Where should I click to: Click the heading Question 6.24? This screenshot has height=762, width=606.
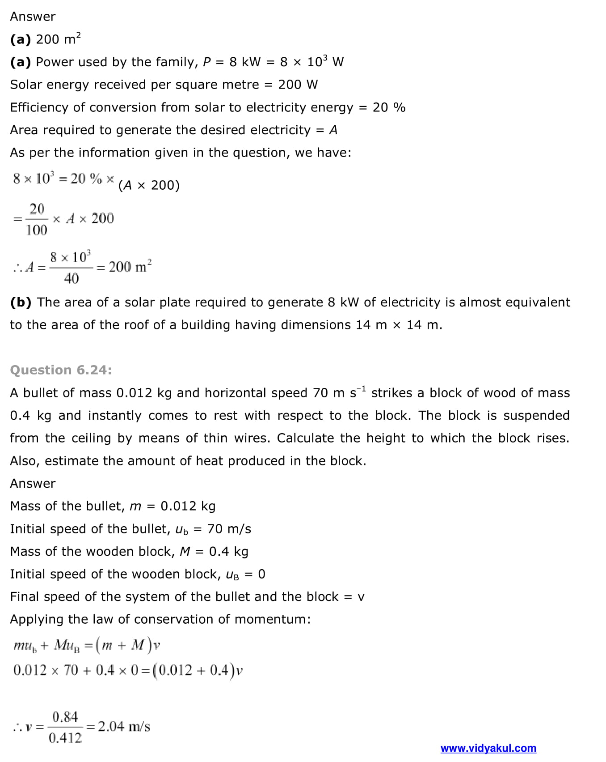click(x=61, y=370)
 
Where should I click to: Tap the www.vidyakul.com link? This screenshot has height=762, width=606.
click(x=488, y=748)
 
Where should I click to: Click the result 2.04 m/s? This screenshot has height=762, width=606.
click(x=124, y=726)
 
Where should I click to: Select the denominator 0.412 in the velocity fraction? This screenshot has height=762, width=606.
click(x=65, y=738)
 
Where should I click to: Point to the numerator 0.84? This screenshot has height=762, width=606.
click(x=65, y=716)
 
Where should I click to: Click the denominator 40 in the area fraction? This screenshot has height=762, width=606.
click(x=71, y=278)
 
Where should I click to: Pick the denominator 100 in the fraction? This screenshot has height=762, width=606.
click(x=37, y=230)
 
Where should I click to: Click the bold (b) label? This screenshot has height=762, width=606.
click(x=21, y=302)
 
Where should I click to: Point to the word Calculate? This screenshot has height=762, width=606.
click(x=305, y=438)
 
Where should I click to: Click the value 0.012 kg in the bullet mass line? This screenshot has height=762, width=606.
click(x=188, y=506)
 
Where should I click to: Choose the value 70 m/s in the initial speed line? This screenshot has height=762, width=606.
click(x=229, y=529)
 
